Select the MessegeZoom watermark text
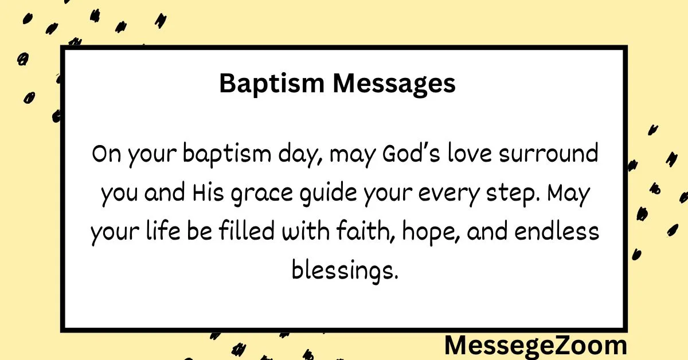535,346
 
